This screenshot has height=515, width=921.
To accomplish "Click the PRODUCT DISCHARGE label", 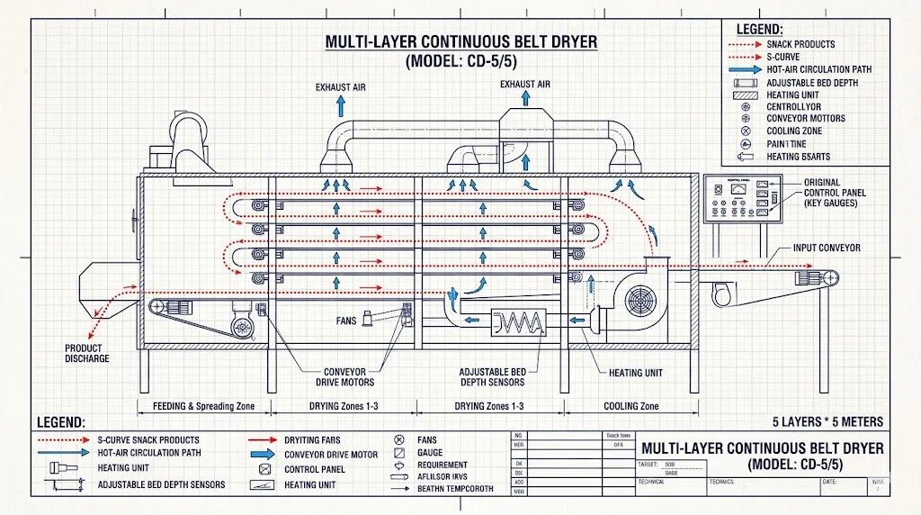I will [x=86, y=353].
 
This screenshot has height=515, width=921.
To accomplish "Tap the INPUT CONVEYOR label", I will [x=827, y=248].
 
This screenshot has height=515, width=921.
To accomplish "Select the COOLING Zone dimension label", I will [x=632, y=406].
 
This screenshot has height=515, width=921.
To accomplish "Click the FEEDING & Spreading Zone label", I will [x=202, y=406].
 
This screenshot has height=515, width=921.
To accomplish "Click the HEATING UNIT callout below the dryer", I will [x=635, y=373].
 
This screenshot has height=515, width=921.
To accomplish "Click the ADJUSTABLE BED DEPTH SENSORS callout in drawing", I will [x=492, y=377].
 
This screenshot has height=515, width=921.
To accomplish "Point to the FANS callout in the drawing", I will [x=347, y=320].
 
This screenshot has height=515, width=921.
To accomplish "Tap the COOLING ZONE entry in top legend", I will [x=794, y=131].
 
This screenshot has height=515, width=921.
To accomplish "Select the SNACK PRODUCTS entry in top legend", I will [x=800, y=44].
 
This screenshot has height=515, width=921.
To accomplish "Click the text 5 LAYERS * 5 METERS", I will [x=827, y=421].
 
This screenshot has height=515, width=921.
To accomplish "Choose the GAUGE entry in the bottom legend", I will [x=431, y=453].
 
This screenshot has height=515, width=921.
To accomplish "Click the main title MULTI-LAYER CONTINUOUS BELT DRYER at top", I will [x=460, y=43].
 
